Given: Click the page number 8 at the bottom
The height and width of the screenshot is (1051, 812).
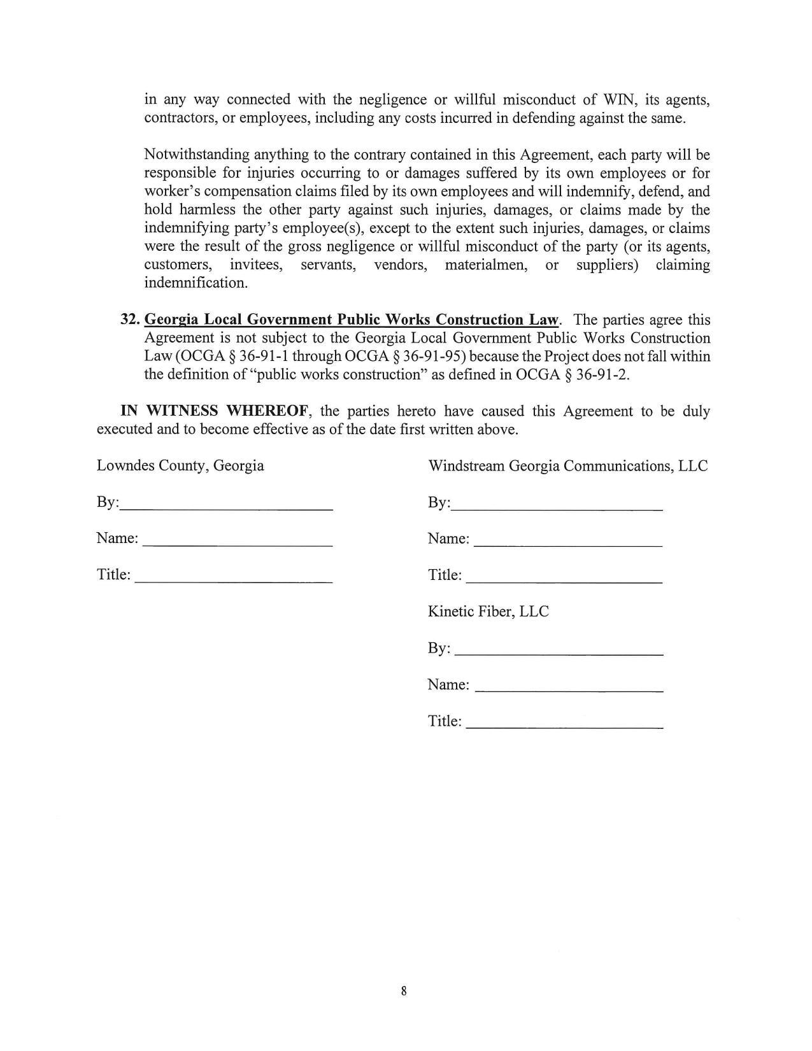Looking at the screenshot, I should point(404,991).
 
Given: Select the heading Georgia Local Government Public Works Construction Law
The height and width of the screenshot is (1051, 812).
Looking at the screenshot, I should point(352,320).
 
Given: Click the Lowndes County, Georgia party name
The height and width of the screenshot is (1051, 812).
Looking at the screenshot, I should point(180,465).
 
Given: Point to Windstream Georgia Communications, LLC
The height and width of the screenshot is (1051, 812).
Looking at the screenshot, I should point(567,466).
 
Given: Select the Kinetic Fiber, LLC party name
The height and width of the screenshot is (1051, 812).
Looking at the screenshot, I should point(488,612).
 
